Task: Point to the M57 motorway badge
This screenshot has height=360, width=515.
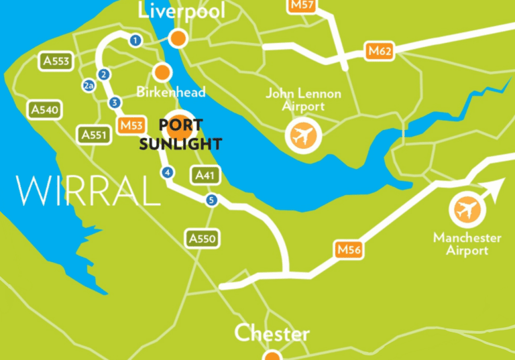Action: click(x=302, y=5)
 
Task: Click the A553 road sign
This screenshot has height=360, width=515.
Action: click(x=56, y=62)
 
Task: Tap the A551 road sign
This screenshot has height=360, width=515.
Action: click(x=94, y=135)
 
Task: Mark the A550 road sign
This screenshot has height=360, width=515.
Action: click(x=203, y=238)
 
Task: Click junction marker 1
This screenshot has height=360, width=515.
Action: click(x=135, y=41)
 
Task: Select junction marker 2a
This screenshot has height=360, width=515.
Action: click(x=89, y=86)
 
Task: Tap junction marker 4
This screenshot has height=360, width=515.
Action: click(x=168, y=173)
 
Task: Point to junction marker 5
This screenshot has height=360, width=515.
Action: click(x=212, y=200)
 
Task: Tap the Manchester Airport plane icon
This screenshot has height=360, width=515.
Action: click(x=467, y=211)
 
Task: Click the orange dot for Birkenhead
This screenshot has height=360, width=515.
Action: click(x=162, y=71)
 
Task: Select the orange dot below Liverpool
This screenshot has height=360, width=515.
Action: click(x=178, y=38)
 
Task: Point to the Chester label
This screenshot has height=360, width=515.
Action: click(x=272, y=333)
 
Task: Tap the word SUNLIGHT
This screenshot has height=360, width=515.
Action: click(x=180, y=143)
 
